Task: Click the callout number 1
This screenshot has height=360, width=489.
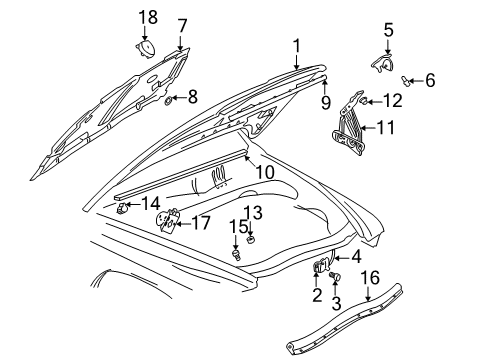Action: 296,45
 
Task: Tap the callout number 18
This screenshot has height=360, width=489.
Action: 147,18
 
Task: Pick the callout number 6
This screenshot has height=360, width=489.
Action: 431,79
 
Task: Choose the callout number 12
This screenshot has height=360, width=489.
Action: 393,99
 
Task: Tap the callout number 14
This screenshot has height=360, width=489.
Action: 151,204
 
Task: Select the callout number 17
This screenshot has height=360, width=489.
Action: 201,224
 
